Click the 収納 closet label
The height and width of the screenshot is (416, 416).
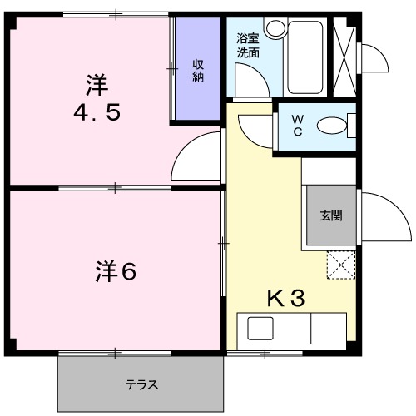(x=199, y=71)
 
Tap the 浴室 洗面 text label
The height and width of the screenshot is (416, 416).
(x=247, y=45)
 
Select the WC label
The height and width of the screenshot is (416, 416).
(x=297, y=126)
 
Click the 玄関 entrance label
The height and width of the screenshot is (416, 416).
(x=331, y=215)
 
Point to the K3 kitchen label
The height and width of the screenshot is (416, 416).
(x=285, y=298)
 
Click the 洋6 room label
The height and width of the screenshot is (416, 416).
(x=114, y=270)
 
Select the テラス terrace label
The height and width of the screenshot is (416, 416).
(x=141, y=385)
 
